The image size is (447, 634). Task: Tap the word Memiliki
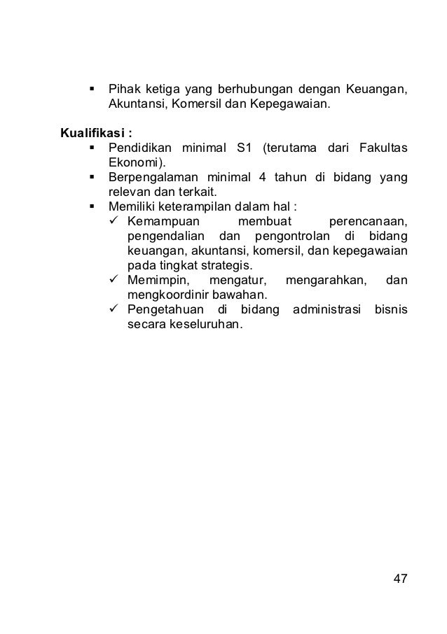pos(129,207)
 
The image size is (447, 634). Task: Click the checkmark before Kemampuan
pos(116,222)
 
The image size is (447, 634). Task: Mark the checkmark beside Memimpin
pos(116,281)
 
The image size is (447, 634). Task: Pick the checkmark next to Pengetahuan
pos(116,311)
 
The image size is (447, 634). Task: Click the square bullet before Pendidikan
pos(92,148)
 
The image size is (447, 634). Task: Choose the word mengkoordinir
pos(163,296)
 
